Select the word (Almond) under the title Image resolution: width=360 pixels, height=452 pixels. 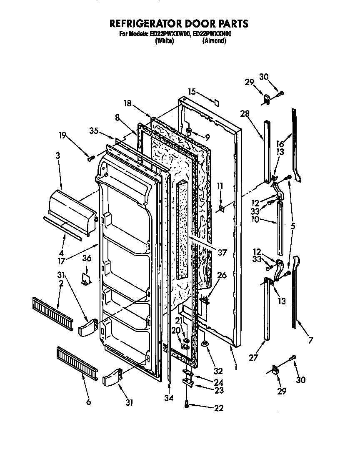[215, 41]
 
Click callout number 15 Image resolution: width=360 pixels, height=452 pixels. [192, 91]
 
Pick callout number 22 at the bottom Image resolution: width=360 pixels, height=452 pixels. [218, 408]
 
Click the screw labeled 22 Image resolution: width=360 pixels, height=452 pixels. [187, 404]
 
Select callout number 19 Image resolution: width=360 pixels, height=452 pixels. [62, 135]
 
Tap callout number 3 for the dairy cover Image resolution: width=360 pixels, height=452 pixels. [58, 156]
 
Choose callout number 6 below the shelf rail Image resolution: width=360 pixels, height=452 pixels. [88, 402]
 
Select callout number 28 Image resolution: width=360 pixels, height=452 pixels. [243, 113]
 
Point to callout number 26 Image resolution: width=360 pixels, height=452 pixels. [222, 275]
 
